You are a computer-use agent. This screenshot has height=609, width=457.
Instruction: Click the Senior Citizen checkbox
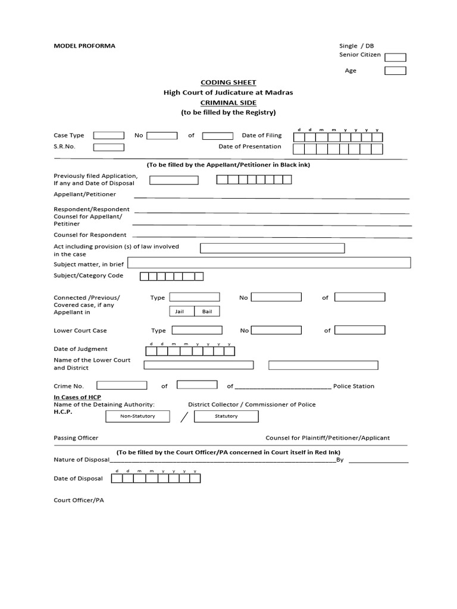pos(395,58)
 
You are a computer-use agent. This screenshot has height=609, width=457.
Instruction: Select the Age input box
pos(395,71)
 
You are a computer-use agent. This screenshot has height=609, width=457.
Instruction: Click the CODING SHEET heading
pos(228,83)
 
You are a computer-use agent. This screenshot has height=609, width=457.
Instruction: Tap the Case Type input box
pos(109,136)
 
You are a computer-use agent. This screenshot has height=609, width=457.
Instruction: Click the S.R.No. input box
pos(109,147)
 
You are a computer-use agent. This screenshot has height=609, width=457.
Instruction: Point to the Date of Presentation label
pos(250,147)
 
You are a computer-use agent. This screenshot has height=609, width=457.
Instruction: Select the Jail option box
pos(179,312)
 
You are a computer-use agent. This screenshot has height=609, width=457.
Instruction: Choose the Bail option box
pos(206,312)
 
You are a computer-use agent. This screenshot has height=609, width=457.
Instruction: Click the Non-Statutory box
pos(137,416)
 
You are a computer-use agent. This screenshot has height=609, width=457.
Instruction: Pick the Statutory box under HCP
pos(226,416)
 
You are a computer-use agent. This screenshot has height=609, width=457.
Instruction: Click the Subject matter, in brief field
pos(269,263)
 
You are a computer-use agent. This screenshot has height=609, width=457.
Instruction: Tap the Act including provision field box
pos(272,249)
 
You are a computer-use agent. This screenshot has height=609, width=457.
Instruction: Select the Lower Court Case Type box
pos(196,330)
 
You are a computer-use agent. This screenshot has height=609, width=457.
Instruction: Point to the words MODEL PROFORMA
pos(84,46)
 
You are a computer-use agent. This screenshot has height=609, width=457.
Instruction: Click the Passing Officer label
pos(76,438)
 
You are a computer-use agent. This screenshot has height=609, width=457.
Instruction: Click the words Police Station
pos(353,387)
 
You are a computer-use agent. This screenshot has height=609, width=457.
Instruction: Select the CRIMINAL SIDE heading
pos(228,102)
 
